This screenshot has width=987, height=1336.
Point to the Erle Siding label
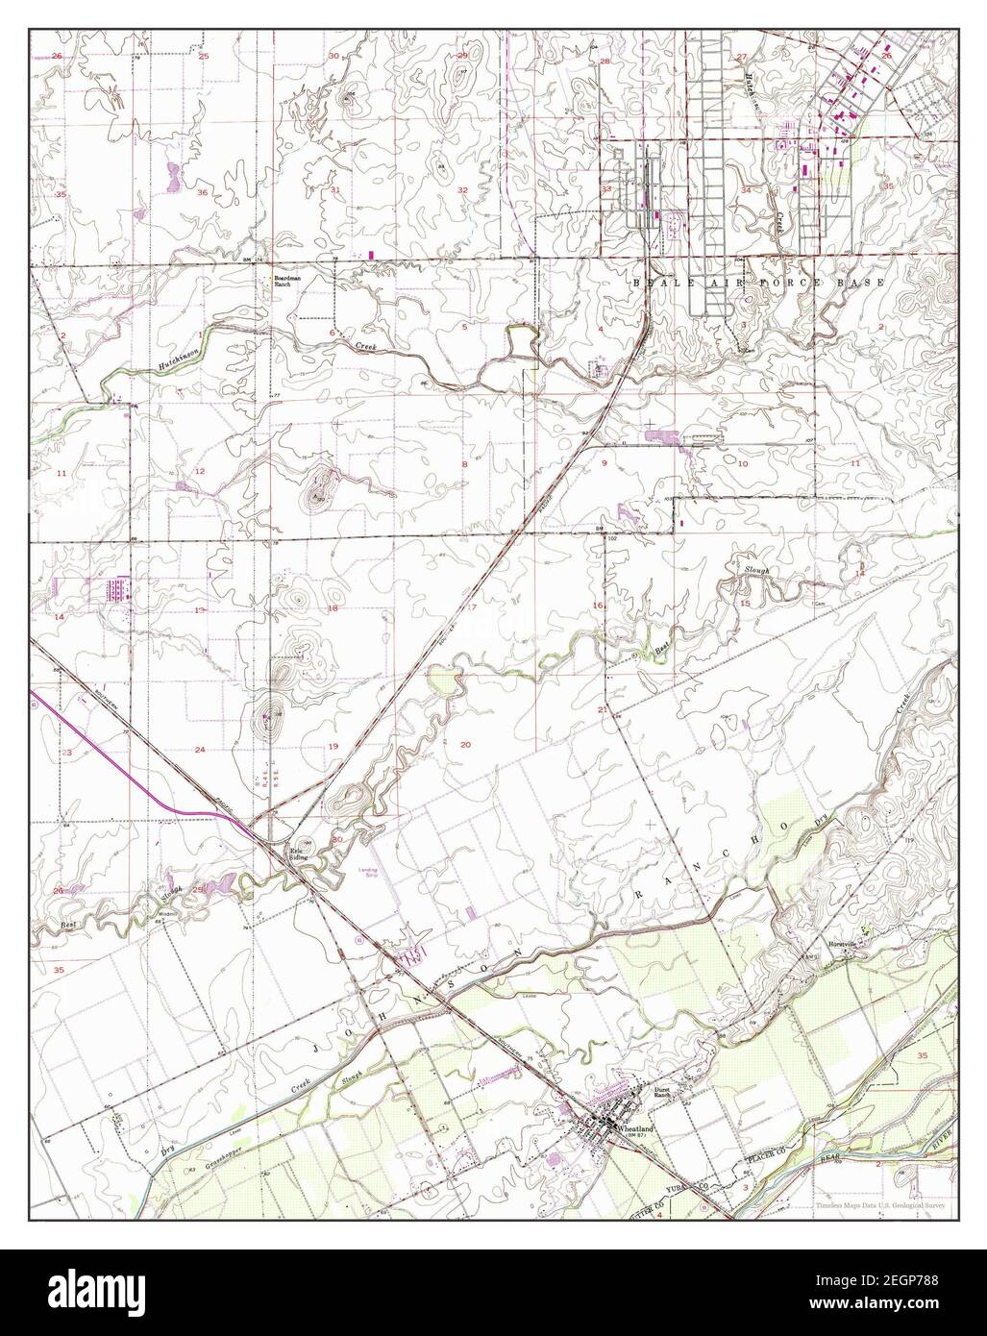[304, 852]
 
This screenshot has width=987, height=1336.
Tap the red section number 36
[203, 193]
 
